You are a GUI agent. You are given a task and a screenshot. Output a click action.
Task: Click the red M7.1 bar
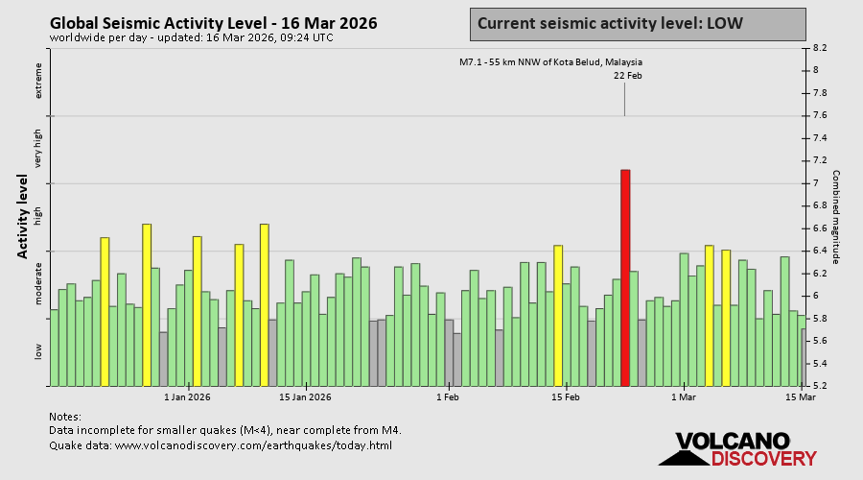[625, 278]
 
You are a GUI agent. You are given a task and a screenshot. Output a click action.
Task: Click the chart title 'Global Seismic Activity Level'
[213, 23]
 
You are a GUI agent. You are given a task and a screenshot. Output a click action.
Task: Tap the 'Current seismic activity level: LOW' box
[638, 23]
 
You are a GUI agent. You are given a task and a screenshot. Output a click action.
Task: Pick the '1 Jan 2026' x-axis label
[187, 396]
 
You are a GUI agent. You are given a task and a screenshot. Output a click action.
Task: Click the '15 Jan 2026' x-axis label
[305, 396]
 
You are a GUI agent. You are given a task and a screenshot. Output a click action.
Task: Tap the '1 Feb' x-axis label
[448, 396]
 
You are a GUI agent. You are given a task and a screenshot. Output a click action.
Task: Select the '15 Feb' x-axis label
[566, 396]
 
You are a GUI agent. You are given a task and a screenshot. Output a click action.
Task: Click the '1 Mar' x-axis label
[684, 396]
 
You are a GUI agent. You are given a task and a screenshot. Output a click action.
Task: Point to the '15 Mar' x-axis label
[801, 396]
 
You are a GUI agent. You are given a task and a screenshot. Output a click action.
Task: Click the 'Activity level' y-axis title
[22, 216]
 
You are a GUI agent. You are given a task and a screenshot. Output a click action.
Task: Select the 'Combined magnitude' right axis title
[835, 217]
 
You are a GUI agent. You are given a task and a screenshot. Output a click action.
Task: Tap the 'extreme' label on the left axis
[39, 80]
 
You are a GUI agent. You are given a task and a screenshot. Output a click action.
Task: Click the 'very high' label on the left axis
[39, 150]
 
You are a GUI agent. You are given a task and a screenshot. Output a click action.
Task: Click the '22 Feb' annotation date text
[627, 75]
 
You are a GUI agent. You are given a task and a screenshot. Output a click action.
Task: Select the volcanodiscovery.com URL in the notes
[253, 445]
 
